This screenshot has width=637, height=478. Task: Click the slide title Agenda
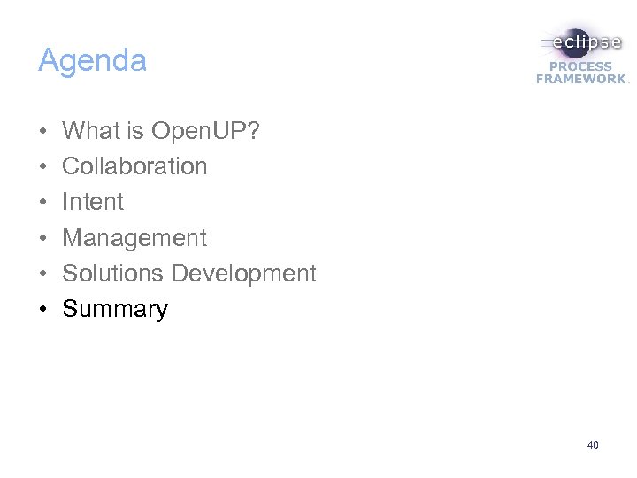(x=92, y=62)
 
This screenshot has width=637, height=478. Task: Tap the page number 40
(x=592, y=445)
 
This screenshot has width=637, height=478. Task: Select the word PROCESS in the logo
(x=581, y=66)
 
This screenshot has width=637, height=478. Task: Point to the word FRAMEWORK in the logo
(x=580, y=79)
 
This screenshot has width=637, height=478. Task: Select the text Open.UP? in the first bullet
(x=205, y=131)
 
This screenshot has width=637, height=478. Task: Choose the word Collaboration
(x=134, y=166)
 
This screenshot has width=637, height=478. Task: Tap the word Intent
(x=93, y=202)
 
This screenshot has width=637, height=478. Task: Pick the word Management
(x=134, y=237)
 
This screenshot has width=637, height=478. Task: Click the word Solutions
(x=113, y=274)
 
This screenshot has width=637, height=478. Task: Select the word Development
(x=243, y=274)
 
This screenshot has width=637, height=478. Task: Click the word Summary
(x=114, y=309)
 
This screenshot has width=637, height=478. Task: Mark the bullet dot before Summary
(x=43, y=310)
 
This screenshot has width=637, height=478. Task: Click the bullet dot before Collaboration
(x=43, y=167)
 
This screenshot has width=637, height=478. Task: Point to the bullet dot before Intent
(x=43, y=203)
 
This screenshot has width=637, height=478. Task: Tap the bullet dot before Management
(x=43, y=238)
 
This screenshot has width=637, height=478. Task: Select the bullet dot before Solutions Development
(x=43, y=274)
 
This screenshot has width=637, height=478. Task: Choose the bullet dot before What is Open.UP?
(x=43, y=132)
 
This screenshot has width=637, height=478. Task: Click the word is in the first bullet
(x=136, y=131)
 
